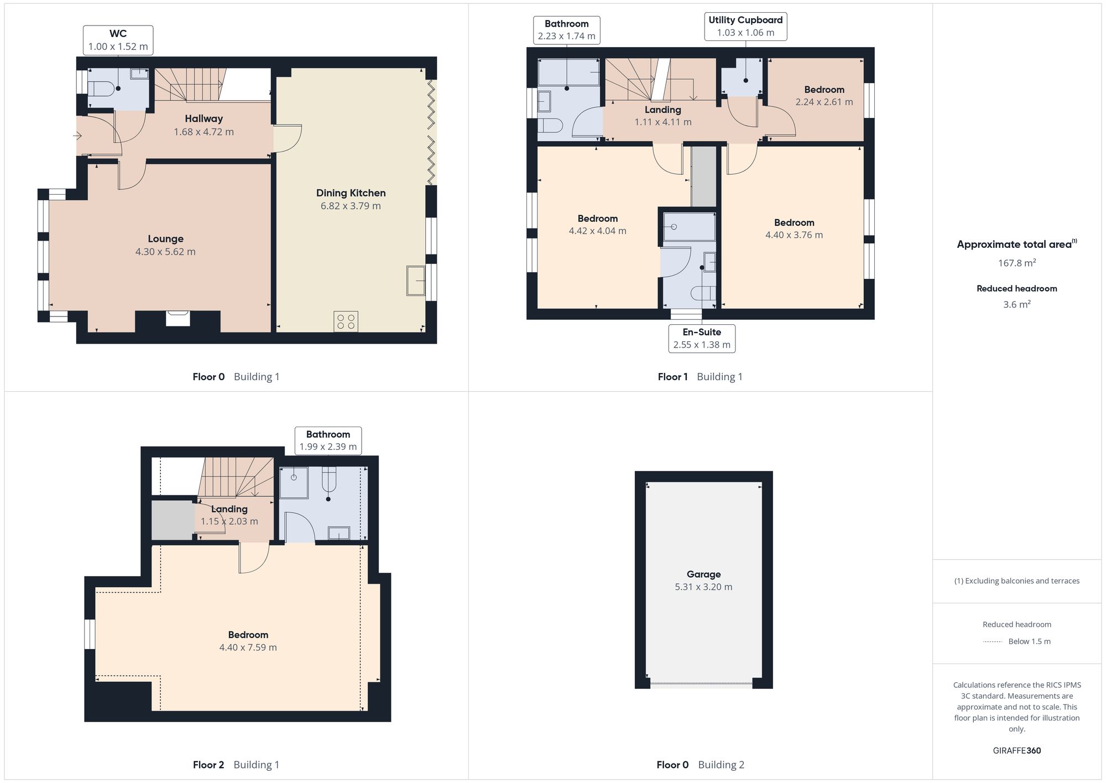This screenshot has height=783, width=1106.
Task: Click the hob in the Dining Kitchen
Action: (346, 322)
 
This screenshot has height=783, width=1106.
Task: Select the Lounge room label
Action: (165, 238)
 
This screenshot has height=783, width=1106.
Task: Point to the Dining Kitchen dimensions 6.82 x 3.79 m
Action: (351, 206)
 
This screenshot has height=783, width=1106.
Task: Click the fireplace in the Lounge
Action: (178, 319)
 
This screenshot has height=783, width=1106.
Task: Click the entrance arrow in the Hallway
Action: (77, 136)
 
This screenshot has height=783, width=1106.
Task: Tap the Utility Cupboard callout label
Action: (745, 27)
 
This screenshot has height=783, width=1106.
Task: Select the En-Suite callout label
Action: (702, 339)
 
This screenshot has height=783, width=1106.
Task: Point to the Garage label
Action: (703, 574)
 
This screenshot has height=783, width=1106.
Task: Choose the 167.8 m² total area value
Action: (1016, 263)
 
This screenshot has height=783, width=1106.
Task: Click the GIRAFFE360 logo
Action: (1016, 750)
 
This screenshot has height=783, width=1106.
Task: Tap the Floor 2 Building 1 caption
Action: (236, 765)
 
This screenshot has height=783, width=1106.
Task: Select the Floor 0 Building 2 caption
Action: (700, 765)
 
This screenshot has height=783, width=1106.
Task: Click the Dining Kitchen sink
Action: (416, 281)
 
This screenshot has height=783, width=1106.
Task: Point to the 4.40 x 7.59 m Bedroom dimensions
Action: (248, 647)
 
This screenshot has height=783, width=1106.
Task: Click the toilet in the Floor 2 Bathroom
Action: (329, 479)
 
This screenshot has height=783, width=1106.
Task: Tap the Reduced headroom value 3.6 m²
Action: (1016, 304)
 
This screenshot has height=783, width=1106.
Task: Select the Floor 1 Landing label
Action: (662, 110)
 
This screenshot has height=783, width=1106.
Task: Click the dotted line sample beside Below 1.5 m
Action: (993, 642)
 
